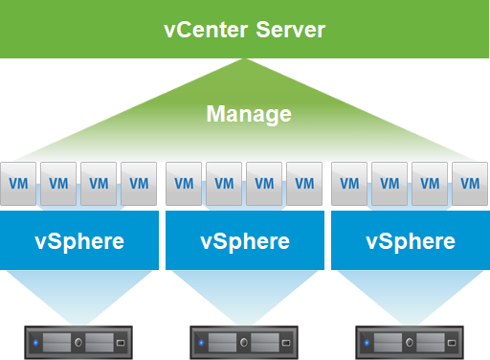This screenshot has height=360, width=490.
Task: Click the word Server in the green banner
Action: pos(290,30)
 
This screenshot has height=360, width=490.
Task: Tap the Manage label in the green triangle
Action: pos(248,114)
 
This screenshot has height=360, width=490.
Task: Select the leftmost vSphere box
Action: pos(79,240)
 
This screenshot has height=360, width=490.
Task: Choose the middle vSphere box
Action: pos(245,240)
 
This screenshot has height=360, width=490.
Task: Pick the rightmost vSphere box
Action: pos(411,240)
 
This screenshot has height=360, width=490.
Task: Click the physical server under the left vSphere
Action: pos(78,342)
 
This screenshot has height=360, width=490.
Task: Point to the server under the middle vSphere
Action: pos(244,342)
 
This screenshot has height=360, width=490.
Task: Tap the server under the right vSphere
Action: pos(410,342)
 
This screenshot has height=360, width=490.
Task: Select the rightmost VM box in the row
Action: pos(470,182)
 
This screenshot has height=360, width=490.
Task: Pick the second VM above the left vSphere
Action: pos(59,182)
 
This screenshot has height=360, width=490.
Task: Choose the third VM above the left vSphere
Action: pos(99,182)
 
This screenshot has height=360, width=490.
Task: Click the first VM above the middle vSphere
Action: pos(185,182)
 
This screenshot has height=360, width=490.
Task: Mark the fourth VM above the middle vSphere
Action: pos(304,182)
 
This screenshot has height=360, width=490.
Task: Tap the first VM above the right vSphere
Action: pos(350,182)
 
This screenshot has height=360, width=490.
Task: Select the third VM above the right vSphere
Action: pos(430,182)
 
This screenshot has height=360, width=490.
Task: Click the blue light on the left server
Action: pos(35,342)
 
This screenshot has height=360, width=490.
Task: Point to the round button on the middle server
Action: pos(244,342)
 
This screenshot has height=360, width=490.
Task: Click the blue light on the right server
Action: pos(367,342)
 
